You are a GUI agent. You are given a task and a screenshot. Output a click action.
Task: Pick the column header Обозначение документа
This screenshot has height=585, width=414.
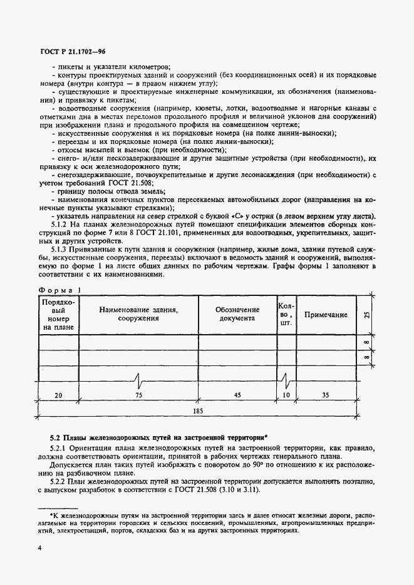tap(237, 314)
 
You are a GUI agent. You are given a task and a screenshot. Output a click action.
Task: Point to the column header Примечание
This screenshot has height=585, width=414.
tap(326, 315)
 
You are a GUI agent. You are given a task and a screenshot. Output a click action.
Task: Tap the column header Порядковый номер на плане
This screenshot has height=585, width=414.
tap(58, 314)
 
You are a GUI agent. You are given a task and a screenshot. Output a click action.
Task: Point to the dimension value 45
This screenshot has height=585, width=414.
tap(237, 395)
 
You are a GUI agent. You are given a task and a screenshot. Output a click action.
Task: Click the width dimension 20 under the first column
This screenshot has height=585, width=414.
tap(58, 395)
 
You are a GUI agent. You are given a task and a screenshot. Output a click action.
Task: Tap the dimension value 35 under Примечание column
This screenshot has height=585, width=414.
tap(326, 395)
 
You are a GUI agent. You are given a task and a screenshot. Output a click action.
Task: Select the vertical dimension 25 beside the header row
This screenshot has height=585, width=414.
tap(367, 315)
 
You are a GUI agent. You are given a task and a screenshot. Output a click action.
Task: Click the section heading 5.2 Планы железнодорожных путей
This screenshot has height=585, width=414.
tap(158, 437)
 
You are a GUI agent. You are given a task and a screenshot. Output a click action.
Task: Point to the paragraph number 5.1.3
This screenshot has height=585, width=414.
tap(61, 249)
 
